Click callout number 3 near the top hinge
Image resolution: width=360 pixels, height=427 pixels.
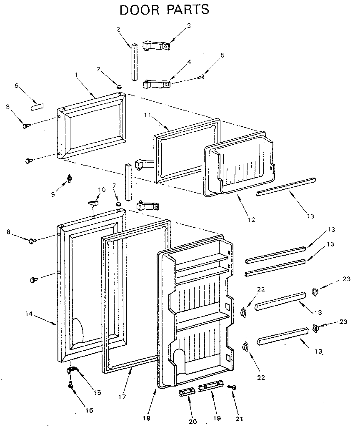(189, 26)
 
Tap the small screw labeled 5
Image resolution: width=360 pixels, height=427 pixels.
(201, 76)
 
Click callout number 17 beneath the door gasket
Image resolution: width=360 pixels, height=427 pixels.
(122, 397)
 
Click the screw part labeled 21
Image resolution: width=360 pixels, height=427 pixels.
(233, 388)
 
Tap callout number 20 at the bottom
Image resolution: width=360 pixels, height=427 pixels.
(192, 421)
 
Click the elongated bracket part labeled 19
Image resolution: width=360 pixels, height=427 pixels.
(208, 387)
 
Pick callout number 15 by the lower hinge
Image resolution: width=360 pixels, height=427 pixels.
(97, 392)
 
